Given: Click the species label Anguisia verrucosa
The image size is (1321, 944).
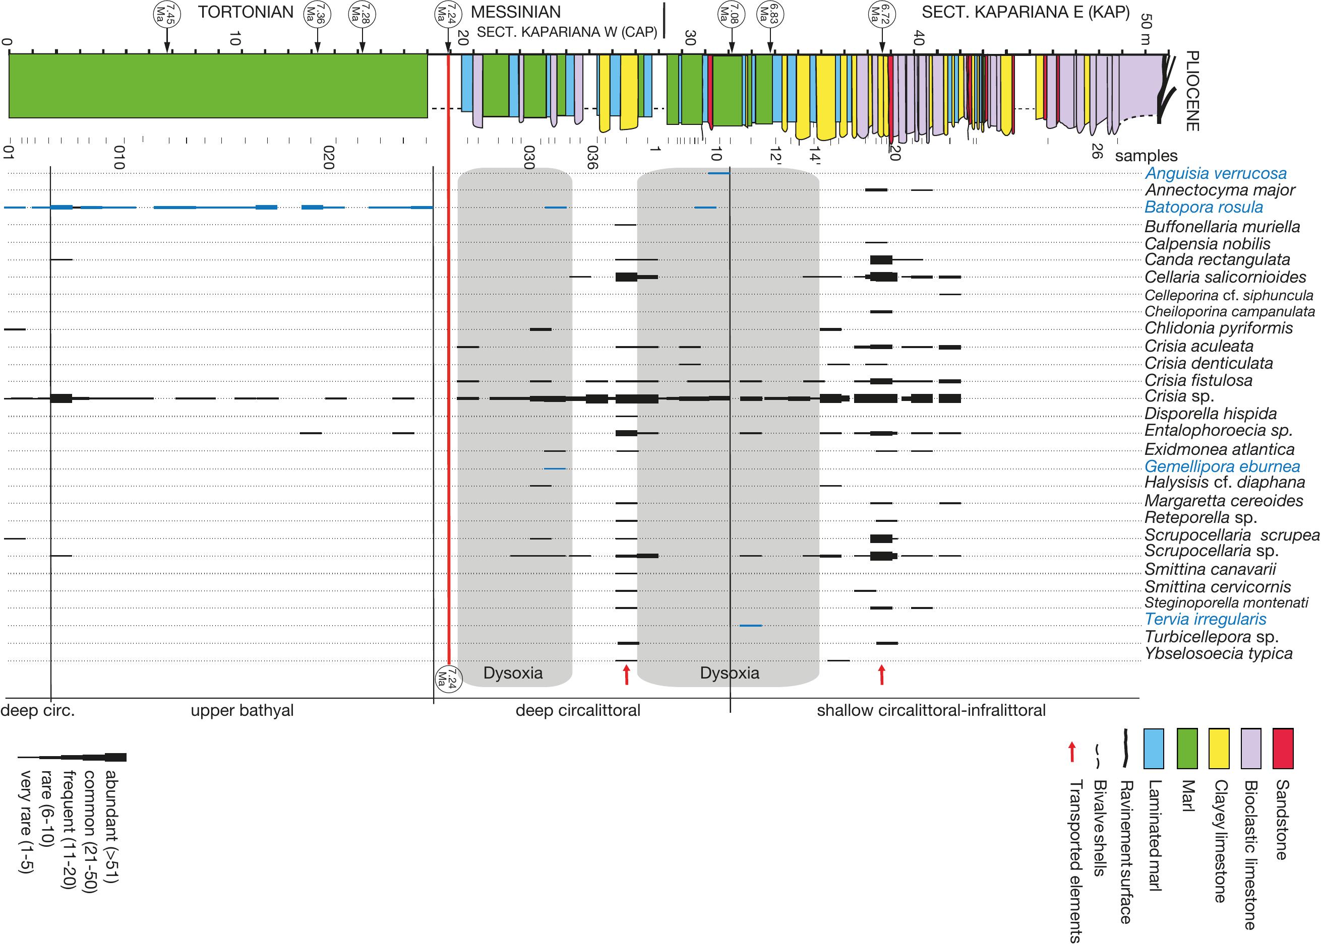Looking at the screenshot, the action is (x=1215, y=173).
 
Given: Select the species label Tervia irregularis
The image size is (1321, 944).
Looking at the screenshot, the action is (x=1205, y=619).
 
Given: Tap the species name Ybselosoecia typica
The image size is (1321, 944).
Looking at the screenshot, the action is (x=1218, y=653).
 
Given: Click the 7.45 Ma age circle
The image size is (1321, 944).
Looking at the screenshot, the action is (x=167, y=14).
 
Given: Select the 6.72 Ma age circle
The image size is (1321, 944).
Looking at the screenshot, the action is (x=882, y=14).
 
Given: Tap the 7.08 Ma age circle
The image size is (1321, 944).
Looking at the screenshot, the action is (x=732, y=14).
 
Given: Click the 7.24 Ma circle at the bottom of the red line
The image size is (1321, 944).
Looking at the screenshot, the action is (x=448, y=677).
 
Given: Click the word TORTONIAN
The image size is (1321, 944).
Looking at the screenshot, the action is (x=246, y=12).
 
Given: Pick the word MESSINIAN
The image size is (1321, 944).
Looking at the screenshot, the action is (x=515, y=12).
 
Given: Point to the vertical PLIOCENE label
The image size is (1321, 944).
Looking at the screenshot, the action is (x=1192, y=91).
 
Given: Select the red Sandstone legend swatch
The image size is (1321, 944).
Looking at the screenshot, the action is (x=1283, y=748).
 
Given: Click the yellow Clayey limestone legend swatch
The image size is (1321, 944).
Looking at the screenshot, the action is (x=1219, y=748).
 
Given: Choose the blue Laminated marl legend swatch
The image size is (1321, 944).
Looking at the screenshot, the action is (x=1154, y=748).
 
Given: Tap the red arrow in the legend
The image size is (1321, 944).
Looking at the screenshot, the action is (x=1072, y=752).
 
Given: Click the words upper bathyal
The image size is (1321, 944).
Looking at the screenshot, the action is (x=242, y=710).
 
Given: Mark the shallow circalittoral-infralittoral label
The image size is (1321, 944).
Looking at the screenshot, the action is (x=931, y=710).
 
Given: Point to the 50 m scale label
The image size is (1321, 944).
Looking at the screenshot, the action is (x=1146, y=30).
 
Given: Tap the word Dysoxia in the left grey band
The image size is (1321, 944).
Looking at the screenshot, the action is (x=513, y=673).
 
